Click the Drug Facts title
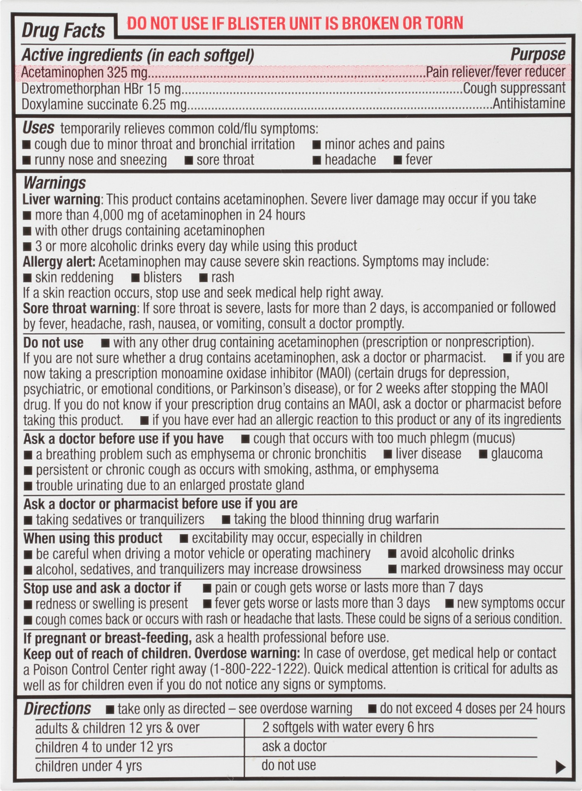(x=63, y=31)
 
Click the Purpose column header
(x=537, y=54)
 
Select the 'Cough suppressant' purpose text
(x=514, y=88)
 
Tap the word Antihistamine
(x=529, y=104)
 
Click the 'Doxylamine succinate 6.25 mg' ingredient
(x=104, y=104)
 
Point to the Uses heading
(x=38, y=128)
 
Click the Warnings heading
(x=54, y=183)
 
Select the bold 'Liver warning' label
(x=61, y=199)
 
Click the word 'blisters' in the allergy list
(x=162, y=277)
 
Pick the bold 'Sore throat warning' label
(x=80, y=308)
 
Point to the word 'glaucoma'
(x=516, y=454)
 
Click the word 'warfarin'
(x=417, y=519)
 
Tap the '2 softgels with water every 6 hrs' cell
(x=348, y=728)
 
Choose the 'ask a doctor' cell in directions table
(x=294, y=747)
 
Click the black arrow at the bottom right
(x=560, y=767)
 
